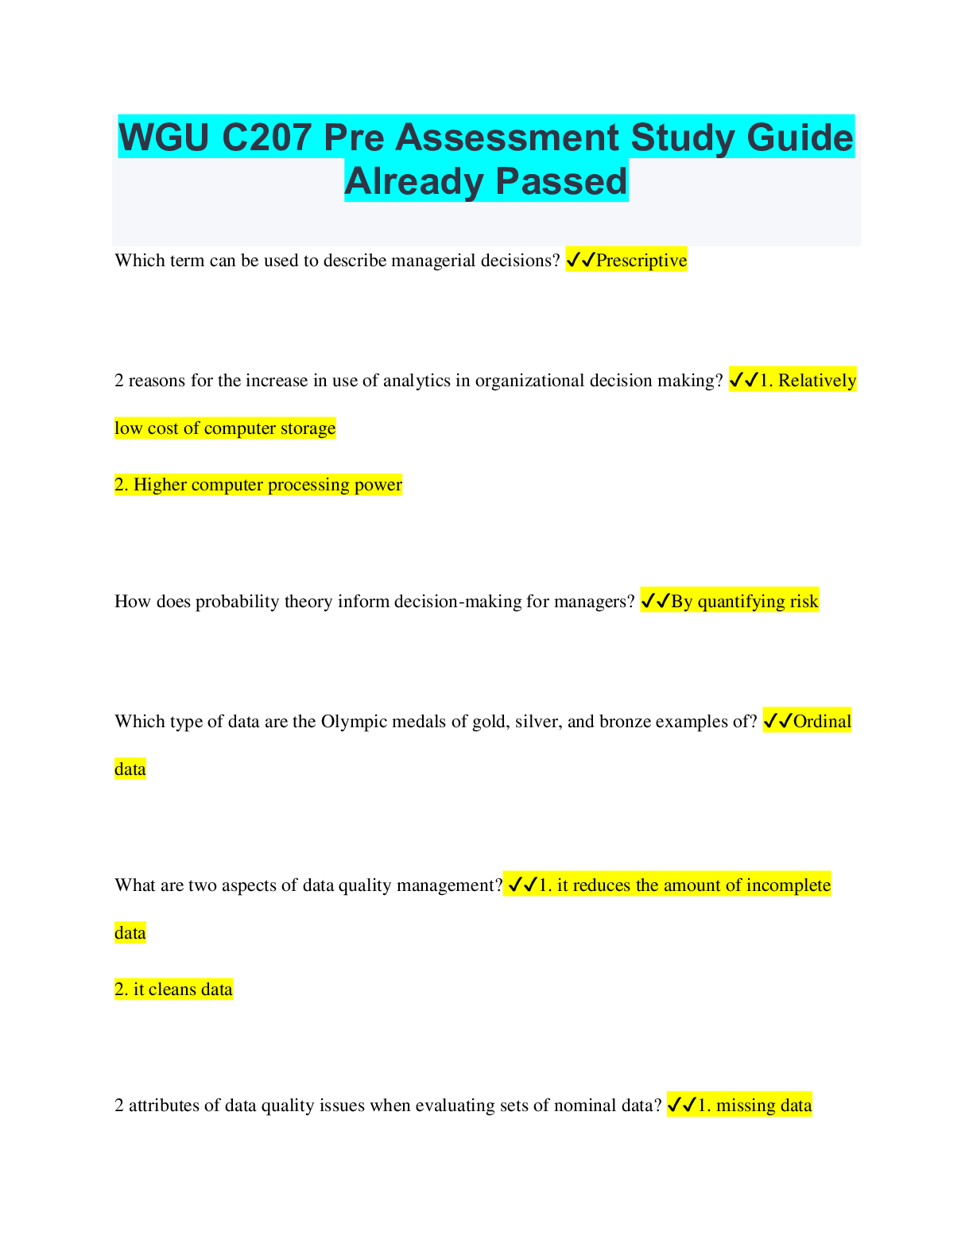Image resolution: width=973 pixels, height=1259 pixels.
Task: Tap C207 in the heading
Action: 266,138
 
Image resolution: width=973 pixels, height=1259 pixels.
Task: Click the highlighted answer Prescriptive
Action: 641,261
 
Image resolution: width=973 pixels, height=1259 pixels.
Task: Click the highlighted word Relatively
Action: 816,381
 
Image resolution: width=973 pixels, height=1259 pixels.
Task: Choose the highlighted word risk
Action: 804,602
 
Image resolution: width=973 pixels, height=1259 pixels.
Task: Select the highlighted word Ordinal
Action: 822,722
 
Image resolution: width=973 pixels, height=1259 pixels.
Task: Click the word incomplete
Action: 788,885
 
